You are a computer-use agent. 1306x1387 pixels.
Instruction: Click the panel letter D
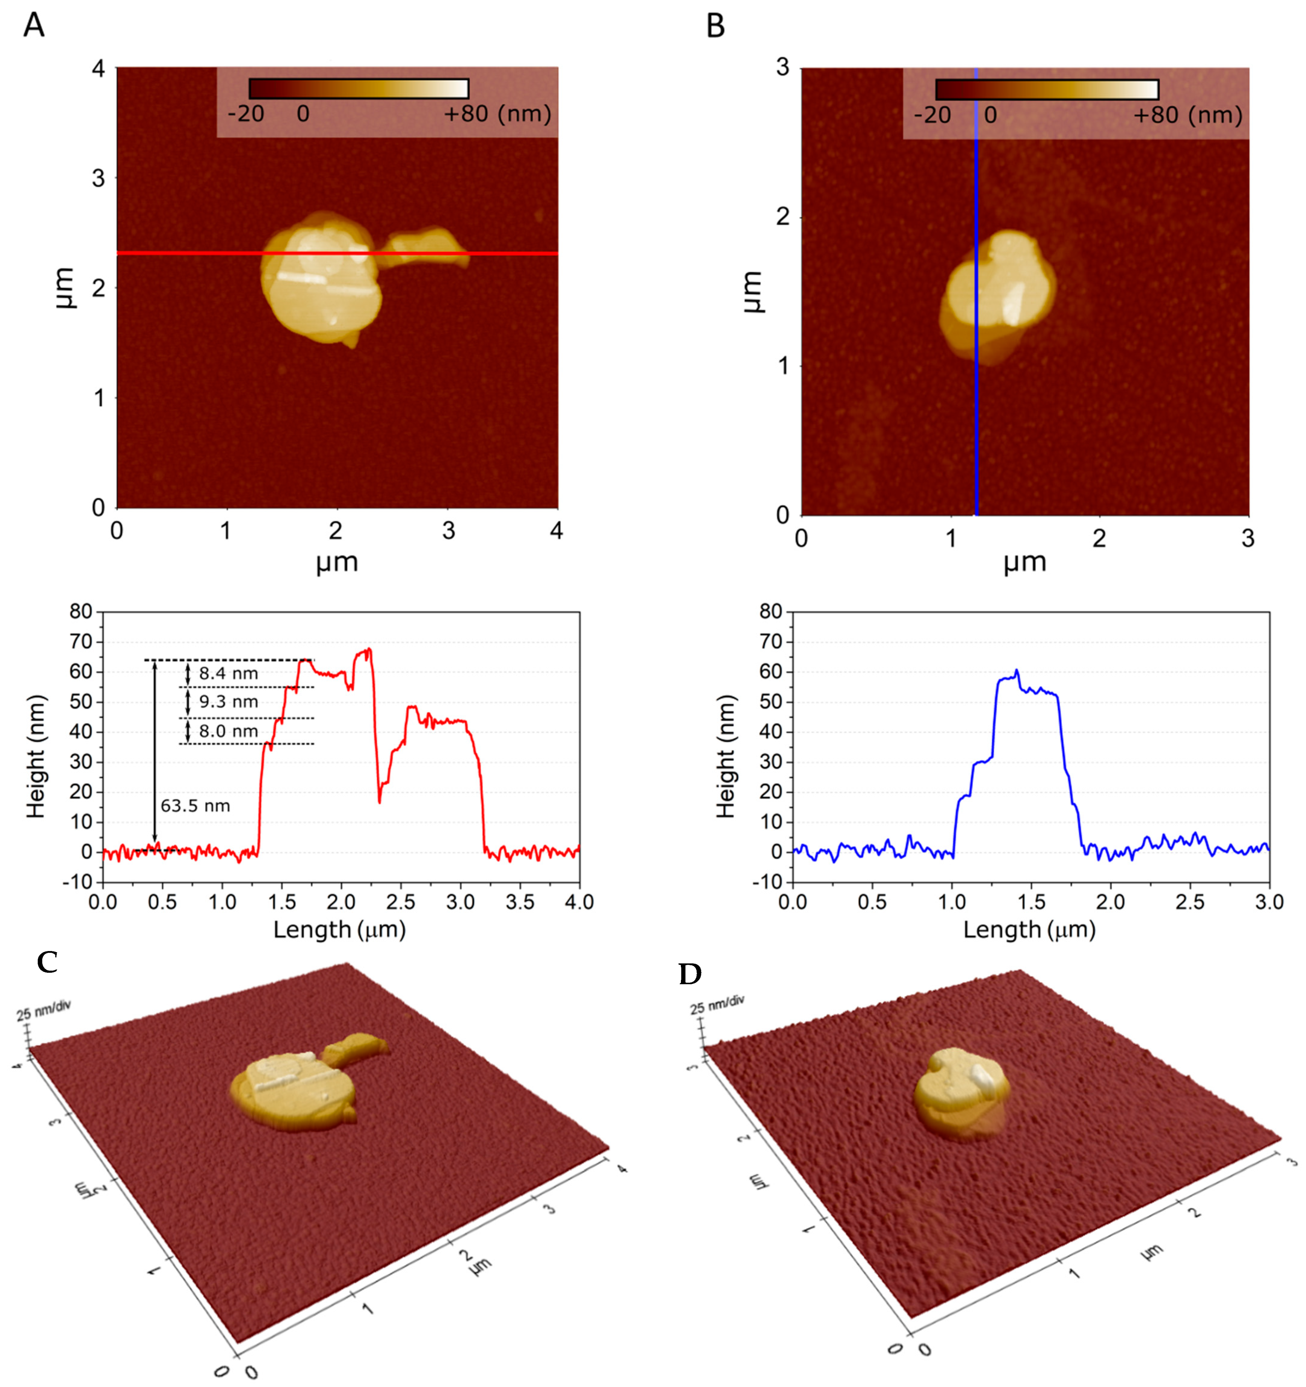click(x=690, y=974)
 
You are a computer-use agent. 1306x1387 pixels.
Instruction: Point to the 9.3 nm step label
click(x=228, y=702)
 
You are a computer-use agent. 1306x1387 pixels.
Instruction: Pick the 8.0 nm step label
click(x=228, y=731)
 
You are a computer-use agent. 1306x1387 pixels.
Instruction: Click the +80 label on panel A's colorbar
click(x=466, y=113)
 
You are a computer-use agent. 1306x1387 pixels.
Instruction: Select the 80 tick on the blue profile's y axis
click(x=771, y=612)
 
